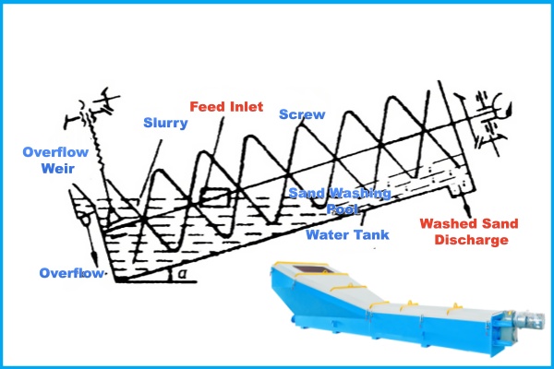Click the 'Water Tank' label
point(346,234)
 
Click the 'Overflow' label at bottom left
point(70,273)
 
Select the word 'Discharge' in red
point(470,241)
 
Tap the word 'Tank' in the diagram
point(369,234)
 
